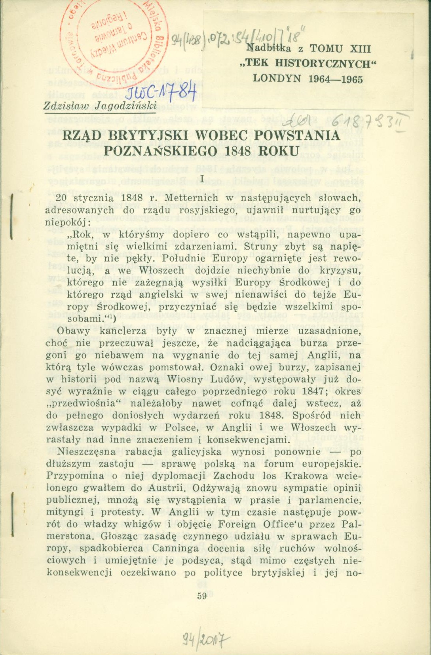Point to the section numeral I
[x=201, y=178]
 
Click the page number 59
[x=201, y=596]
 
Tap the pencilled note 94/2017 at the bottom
[x=205, y=638]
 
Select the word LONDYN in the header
[x=277, y=79]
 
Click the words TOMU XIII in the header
[x=340, y=49]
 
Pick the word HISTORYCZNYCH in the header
[x=322, y=64]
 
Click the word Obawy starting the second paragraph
[x=74, y=331]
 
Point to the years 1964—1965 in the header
[x=335, y=79]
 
